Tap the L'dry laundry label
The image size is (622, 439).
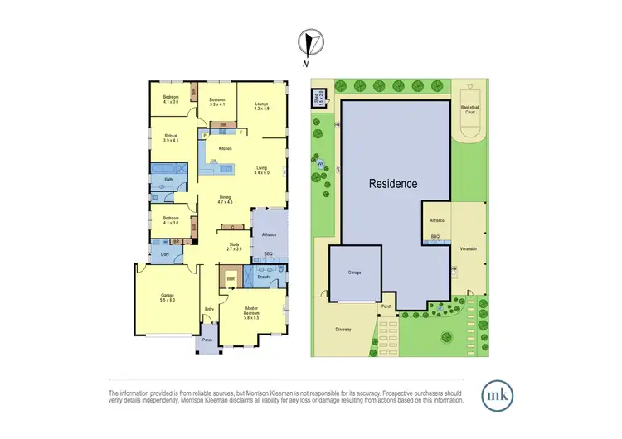(166, 254)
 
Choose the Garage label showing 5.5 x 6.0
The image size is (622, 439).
(168, 297)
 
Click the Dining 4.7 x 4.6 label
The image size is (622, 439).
(225, 199)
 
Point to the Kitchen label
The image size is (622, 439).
(224, 148)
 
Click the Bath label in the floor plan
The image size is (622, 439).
(168, 179)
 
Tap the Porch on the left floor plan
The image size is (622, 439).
(207, 340)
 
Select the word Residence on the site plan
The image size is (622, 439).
(393, 184)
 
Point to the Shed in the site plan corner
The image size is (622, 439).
(318, 99)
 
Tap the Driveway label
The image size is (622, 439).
(344, 329)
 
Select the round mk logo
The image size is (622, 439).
(496, 392)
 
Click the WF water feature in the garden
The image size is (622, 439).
(319, 164)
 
